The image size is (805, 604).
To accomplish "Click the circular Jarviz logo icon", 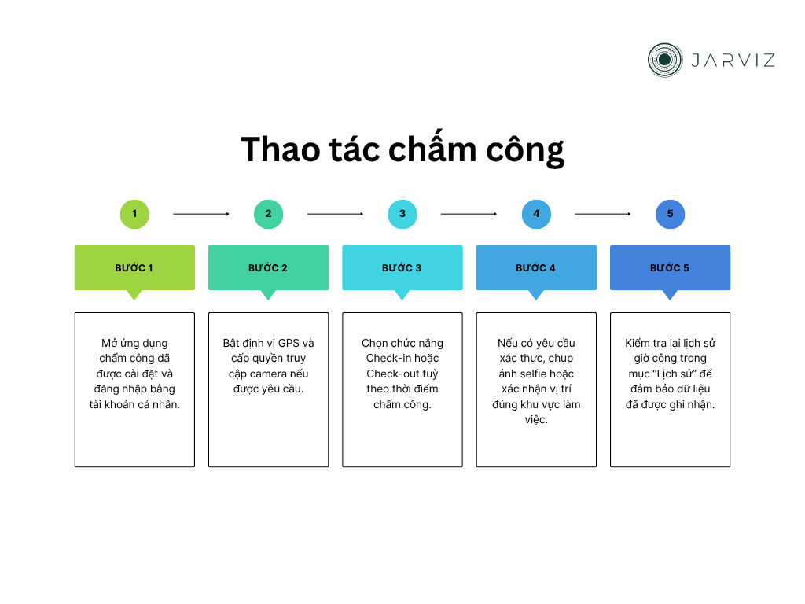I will coord(664,60).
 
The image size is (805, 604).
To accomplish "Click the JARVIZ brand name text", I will coord(732,60).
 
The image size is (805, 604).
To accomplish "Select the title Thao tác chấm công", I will coord(402,149).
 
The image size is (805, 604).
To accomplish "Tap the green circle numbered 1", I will coord(134,214).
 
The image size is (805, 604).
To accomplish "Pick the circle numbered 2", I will coord(268,214).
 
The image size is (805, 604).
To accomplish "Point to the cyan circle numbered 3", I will coord(402,214).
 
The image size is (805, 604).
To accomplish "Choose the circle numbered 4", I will coord(536,214).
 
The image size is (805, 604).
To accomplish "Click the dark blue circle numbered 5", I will coord(670,214).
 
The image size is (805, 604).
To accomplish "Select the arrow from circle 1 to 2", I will coord(201,214).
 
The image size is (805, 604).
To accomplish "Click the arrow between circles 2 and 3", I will coord(335,214).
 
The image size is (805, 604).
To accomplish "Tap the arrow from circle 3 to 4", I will coord(469,214).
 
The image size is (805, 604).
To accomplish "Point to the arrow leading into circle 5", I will coord(603,214).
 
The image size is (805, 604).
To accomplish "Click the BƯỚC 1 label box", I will coord(134,268).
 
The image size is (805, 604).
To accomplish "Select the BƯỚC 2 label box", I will coord(268,268).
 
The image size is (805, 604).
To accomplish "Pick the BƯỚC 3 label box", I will coord(402,268).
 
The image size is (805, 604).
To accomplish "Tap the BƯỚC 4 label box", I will coord(536,268).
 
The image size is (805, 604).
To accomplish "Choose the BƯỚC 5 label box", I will coord(670,268).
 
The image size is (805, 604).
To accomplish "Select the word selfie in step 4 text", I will coord(535,374).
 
